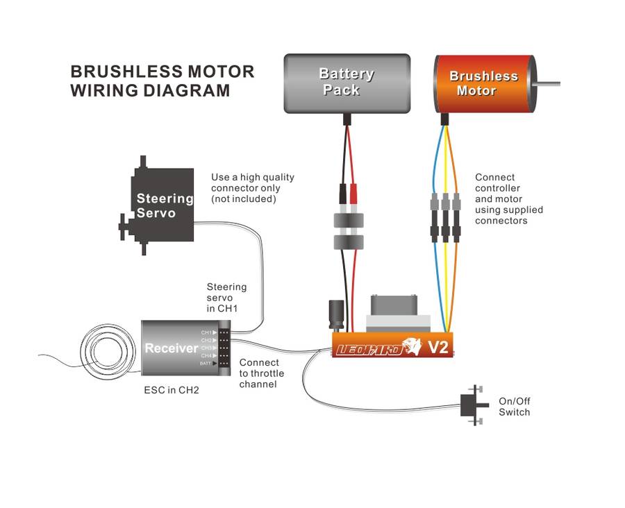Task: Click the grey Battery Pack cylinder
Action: point(347,83)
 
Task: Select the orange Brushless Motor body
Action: point(483,83)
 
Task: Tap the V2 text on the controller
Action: point(437,347)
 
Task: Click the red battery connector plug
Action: point(354,194)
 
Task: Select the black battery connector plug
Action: point(342,194)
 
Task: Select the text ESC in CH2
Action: point(172,390)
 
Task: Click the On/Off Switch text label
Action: point(514,407)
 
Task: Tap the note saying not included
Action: point(244,199)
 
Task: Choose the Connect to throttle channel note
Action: point(261,373)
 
